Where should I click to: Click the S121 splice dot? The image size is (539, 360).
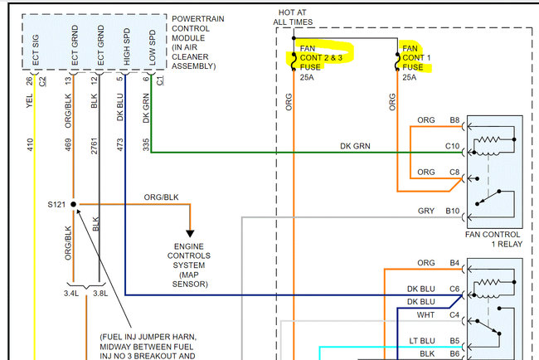click(73, 203)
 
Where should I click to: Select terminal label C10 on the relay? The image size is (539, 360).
click(451, 146)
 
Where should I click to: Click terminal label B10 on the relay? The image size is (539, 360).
click(451, 212)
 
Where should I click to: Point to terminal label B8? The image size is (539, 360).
click(454, 121)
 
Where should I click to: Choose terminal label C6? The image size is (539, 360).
click(454, 289)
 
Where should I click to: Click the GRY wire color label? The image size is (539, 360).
click(425, 212)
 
